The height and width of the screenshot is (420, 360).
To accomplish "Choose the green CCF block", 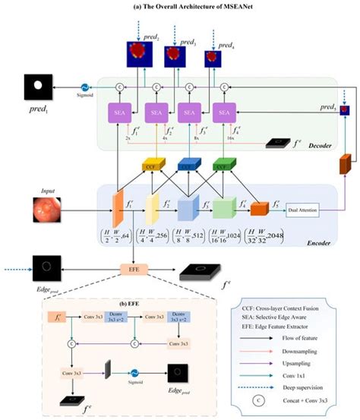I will coord(223,165).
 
